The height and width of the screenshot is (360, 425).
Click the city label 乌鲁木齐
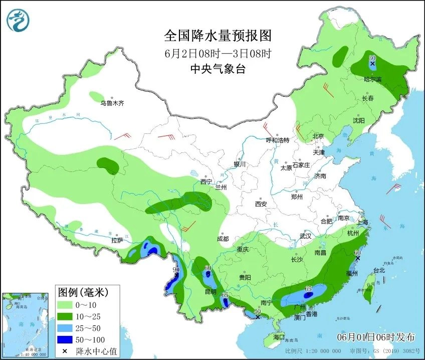(x=111, y=103)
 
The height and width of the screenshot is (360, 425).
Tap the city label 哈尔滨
(x=372, y=79)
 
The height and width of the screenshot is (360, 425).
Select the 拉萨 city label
(x=117, y=240)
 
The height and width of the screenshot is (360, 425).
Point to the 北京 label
(x=318, y=136)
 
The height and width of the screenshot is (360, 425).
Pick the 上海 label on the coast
(x=361, y=222)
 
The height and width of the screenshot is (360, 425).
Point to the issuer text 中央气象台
(x=218, y=70)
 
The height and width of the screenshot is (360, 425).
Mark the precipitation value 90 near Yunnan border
(x=176, y=270)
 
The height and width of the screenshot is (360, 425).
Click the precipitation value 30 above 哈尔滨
(x=372, y=58)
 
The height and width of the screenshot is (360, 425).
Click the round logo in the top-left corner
(x=18, y=20)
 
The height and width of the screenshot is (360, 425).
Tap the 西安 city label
(x=261, y=204)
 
